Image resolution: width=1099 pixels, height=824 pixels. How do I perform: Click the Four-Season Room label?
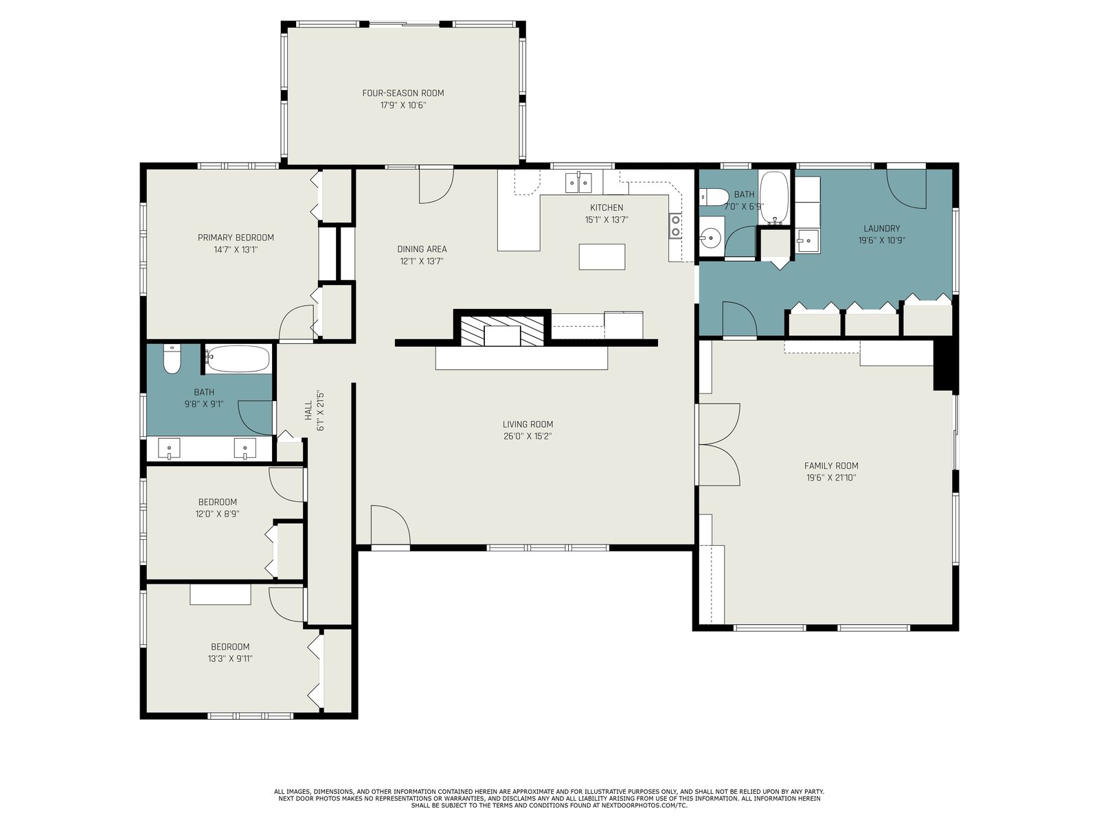(x=403, y=93)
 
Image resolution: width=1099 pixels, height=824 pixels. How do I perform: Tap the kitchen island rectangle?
(x=602, y=257)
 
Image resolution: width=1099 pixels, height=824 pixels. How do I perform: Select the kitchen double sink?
(x=578, y=182)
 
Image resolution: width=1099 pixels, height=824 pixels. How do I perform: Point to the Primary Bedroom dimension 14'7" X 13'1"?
(x=236, y=250)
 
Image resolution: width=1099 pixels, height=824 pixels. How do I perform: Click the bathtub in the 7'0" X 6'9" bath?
(x=774, y=197)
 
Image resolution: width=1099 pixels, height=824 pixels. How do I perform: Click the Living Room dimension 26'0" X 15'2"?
(x=528, y=436)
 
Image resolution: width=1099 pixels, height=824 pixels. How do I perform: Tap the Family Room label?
(x=831, y=466)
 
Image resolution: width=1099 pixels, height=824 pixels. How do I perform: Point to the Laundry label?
(x=882, y=228)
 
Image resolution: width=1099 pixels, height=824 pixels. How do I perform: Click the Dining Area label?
(x=422, y=249)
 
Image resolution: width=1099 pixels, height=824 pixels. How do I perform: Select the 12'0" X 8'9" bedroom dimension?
(x=217, y=514)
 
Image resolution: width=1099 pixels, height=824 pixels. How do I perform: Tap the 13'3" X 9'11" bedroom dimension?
(x=230, y=659)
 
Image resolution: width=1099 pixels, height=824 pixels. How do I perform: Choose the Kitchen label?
(x=607, y=207)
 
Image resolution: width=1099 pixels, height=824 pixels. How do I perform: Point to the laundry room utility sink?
(x=808, y=241)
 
